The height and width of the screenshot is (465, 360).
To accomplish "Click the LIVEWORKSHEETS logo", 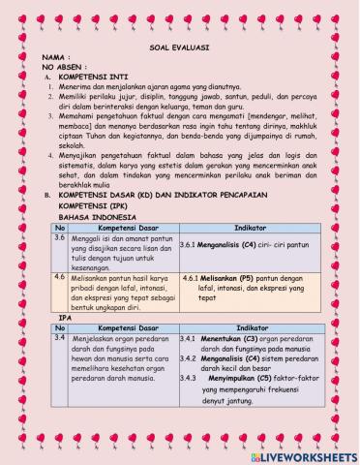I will pos(304,454).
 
